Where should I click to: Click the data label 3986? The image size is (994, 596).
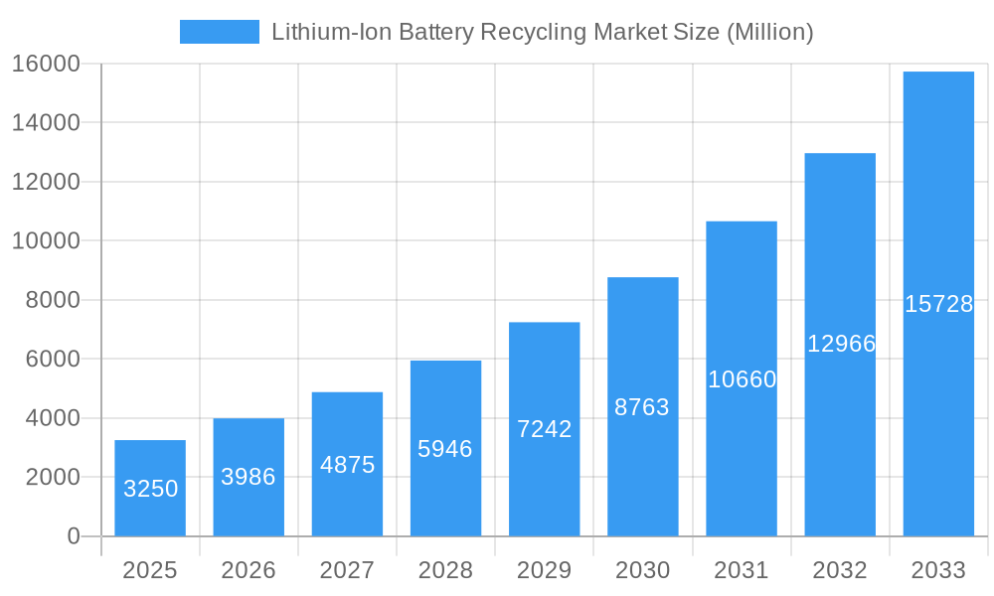pos(248,477)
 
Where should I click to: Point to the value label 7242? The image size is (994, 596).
pos(545,429)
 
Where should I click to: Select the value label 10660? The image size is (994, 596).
pos(742,379)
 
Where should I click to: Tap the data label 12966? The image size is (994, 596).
pos(841,344)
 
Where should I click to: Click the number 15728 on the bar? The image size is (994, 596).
pos(938,304)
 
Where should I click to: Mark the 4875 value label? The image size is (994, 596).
pos(347,464)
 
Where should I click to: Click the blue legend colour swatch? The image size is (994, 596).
pos(219,32)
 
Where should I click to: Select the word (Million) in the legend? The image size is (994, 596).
pos(769,32)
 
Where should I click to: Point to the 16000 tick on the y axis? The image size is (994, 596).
pos(46,64)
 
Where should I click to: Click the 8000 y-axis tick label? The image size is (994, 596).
pos(52,300)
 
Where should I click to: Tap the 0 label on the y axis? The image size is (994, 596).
pos(73,536)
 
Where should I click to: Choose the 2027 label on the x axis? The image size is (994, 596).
pos(347,570)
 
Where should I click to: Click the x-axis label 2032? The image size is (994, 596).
pos(840,570)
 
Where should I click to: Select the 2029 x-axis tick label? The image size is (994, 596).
pos(544,570)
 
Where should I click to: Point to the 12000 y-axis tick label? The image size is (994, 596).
pos(46,182)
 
